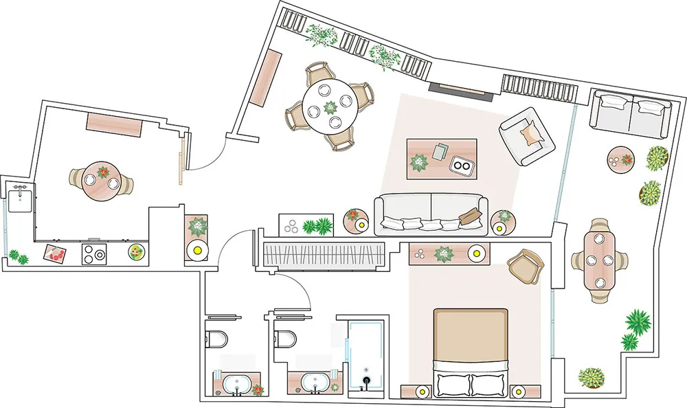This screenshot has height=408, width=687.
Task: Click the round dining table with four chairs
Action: coord(330,107)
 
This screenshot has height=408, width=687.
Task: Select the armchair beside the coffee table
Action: coord(527,137)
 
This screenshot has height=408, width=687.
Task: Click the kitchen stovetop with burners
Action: coord(95,254)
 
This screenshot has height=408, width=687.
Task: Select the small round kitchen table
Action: coord(102,180)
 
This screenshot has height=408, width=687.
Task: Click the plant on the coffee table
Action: coord(418,163)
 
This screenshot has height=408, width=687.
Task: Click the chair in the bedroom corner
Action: coord(526,265)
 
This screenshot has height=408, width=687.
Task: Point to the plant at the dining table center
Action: coord(330,107)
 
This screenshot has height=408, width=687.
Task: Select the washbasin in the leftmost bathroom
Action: coord(237,384)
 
